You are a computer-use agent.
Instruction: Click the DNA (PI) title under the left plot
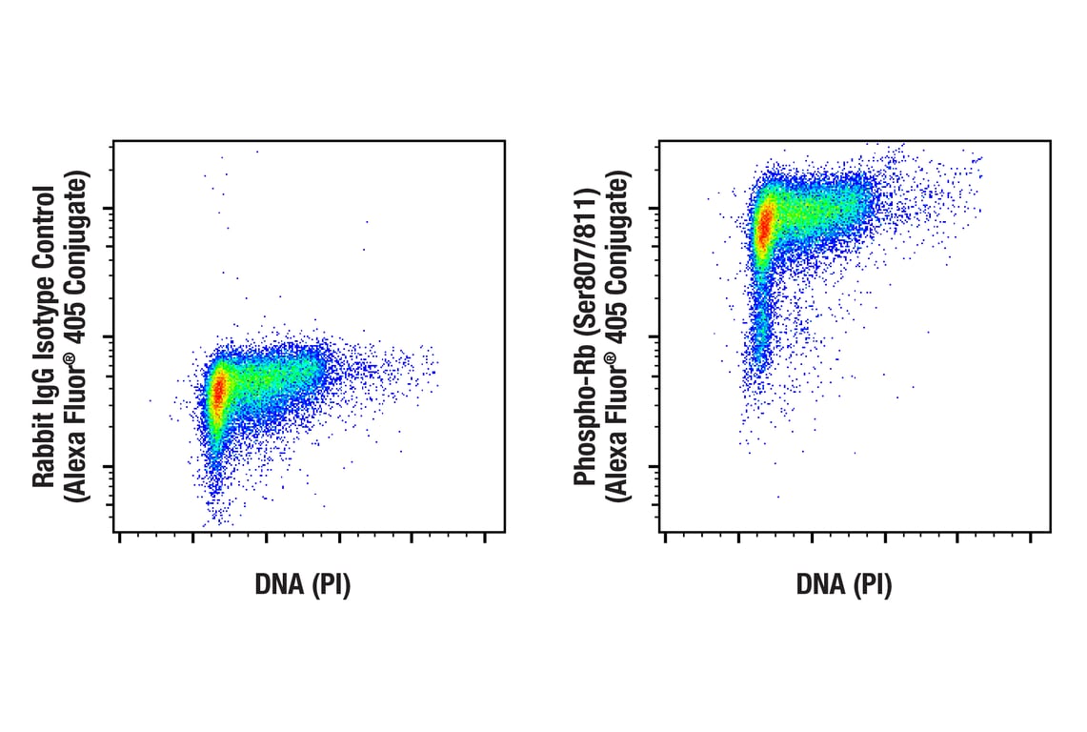click(x=303, y=585)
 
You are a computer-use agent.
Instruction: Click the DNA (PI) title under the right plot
click(x=844, y=585)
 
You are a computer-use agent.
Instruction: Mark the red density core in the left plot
click(x=219, y=391)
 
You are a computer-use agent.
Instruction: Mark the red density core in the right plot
click(x=764, y=227)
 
